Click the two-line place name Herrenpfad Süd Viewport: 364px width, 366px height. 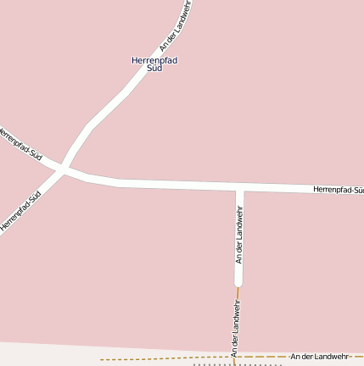tap(154, 64)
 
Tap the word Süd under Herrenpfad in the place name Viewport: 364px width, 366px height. tap(154, 69)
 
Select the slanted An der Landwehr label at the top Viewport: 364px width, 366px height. tap(176, 25)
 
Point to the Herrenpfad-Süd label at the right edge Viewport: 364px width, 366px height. tap(339, 190)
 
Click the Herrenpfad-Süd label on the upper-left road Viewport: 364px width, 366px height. tap(20, 143)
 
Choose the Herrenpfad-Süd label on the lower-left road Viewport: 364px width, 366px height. tap(20, 211)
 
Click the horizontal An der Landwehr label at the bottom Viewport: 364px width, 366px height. tap(320, 357)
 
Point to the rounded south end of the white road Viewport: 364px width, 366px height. tap(239, 283)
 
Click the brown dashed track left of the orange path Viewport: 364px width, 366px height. tap(161, 359)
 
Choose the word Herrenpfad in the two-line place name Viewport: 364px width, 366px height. tap(154, 60)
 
